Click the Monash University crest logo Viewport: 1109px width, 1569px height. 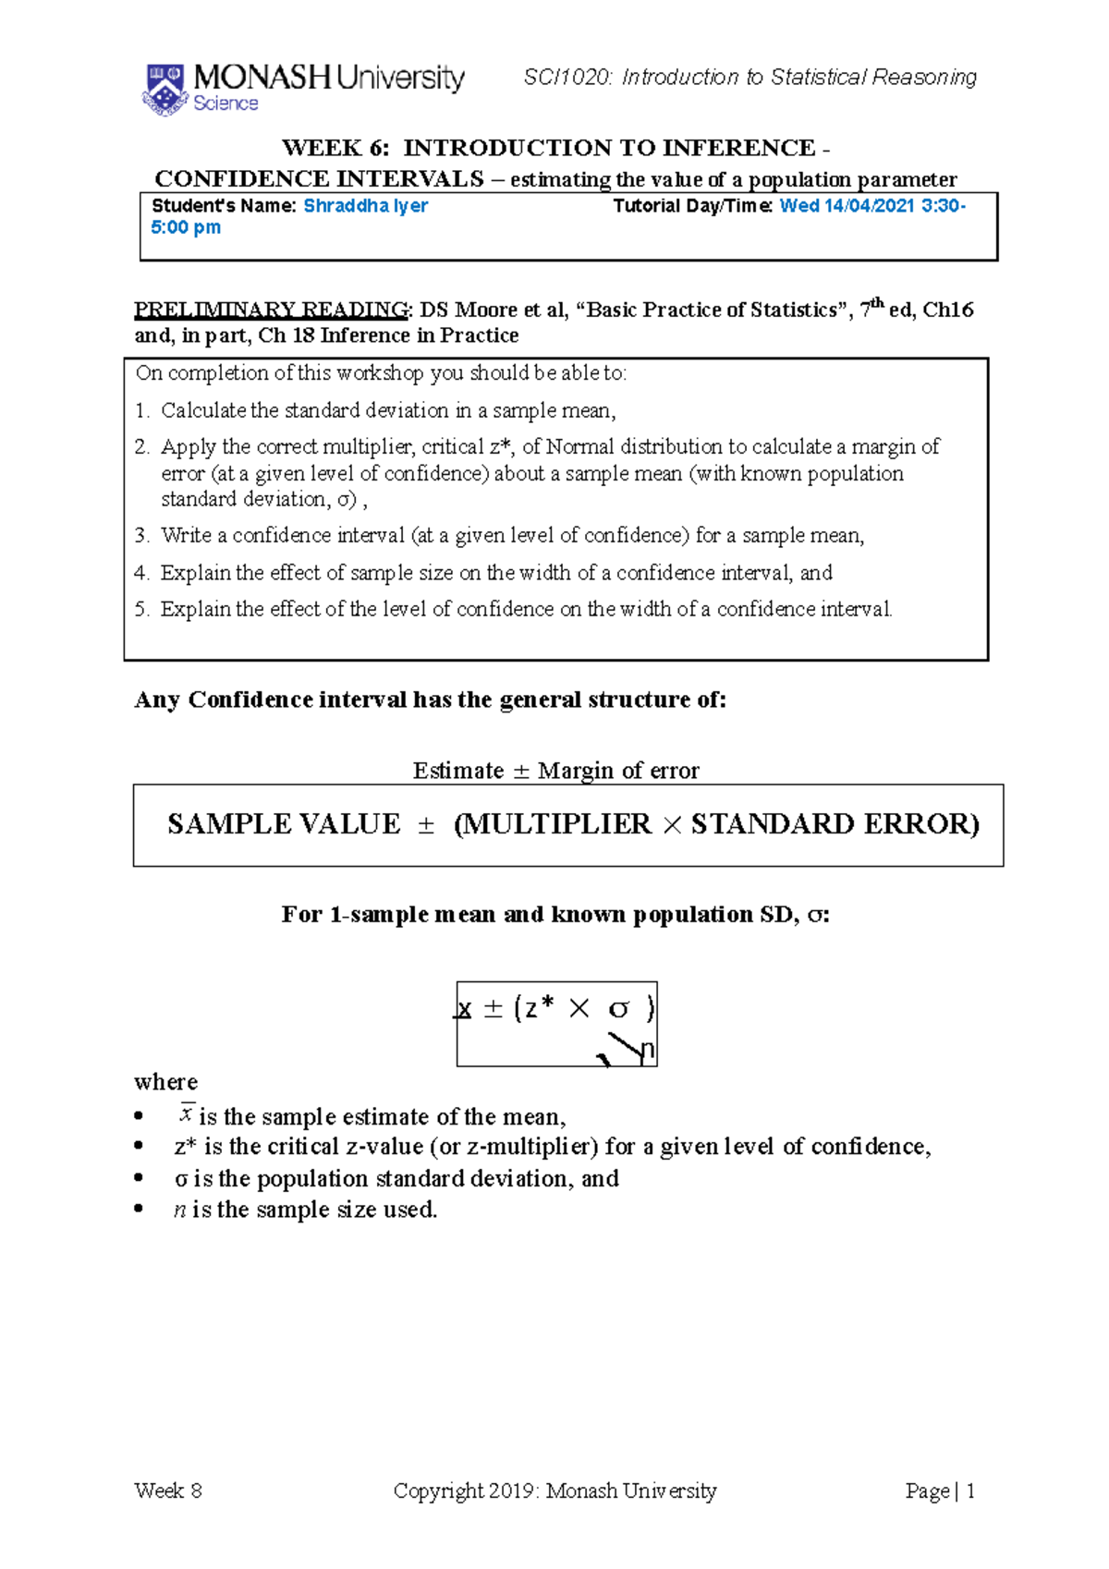tap(165, 89)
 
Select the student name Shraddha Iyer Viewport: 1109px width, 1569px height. tap(365, 206)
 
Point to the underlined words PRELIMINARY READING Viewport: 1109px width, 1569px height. tap(271, 310)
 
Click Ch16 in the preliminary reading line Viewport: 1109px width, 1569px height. tap(948, 310)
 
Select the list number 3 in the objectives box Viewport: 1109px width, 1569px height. tap(140, 536)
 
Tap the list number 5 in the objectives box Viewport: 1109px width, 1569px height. tap(140, 610)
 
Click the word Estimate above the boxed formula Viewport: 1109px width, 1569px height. tap(458, 771)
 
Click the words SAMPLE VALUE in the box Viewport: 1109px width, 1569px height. tap(284, 824)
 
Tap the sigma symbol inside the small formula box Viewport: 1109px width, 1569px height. tap(618, 1009)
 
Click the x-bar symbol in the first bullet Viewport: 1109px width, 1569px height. tap(186, 1114)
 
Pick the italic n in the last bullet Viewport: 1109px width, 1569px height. tap(179, 1210)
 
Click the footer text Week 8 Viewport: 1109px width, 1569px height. tap(168, 1490)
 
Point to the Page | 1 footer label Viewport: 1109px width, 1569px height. tap(940, 1490)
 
